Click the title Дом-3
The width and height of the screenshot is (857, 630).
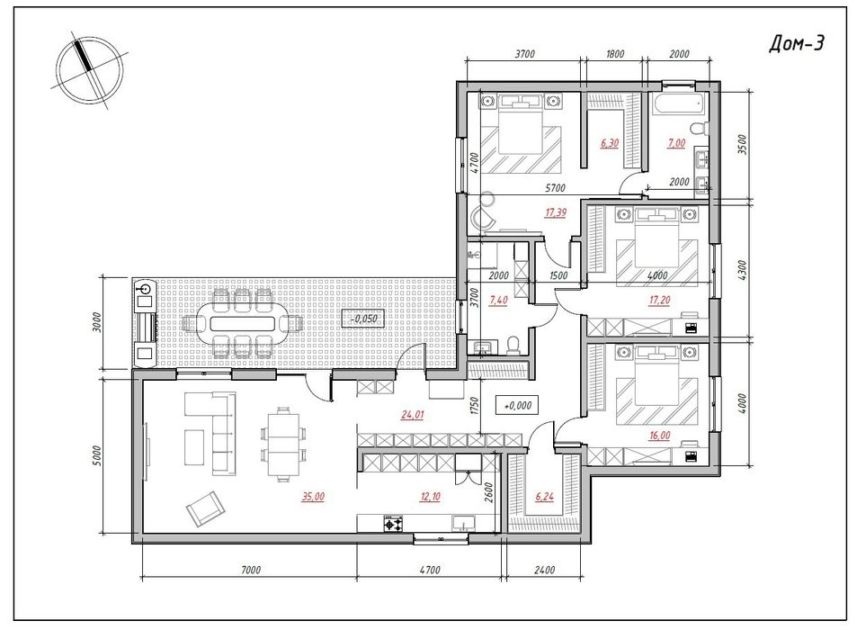pyautogui.click(x=797, y=44)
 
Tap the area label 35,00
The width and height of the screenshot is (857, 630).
pyautogui.click(x=313, y=497)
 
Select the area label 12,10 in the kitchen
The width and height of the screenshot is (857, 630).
pyautogui.click(x=430, y=497)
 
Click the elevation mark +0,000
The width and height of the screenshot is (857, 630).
pyautogui.click(x=517, y=405)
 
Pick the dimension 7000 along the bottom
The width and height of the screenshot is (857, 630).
pyautogui.click(x=250, y=570)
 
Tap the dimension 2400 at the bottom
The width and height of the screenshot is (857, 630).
pyautogui.click(x=544, y=570)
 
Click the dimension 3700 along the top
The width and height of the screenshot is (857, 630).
pyautogui.click(x=524, y=54)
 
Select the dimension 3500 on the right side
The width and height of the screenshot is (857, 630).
pyautogui.click(x=742, y=145)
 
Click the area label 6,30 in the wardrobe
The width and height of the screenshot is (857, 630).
pyautogui.click(x=610, y=143)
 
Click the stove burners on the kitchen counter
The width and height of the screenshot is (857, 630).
pyautogui.click(x=393, y=525)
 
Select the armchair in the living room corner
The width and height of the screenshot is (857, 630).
pyautogui.click(x=205, y=508)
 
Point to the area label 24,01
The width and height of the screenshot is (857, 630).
pyautogui.click(x=413, y=415)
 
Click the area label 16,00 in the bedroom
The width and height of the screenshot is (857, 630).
pyautogui.click(x=659, y=436)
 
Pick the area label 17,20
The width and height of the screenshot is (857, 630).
pyautogui.click(x=659, y=300)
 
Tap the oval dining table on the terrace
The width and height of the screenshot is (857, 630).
pyautogui.click(x=242, y=324)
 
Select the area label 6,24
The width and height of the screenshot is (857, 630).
pyautogui.click(x=544, y=497)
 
